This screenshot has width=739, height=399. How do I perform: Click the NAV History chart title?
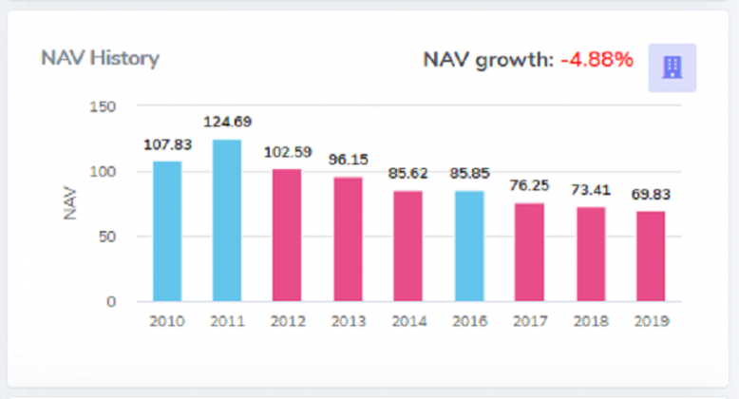(100, 58)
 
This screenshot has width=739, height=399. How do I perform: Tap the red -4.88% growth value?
(597, 61)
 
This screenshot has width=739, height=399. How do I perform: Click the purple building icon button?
(672, 67)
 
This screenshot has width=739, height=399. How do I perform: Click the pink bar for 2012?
(287, 235)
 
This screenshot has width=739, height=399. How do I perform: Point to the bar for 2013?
(348, 238)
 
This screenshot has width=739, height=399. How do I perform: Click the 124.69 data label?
(227, 123)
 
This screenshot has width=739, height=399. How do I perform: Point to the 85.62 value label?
(408, 174)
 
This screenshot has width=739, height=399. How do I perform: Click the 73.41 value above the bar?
(590, 190)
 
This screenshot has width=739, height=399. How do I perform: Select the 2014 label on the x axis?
(408, 321)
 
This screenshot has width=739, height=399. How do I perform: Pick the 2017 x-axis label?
(530, 321)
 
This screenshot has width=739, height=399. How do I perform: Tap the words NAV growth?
(487, 61)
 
